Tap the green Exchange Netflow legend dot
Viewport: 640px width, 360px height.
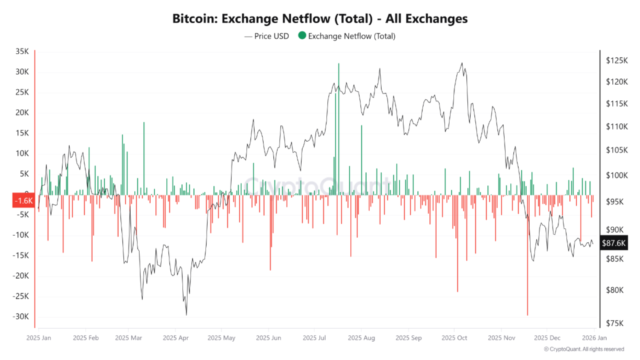pos(302,36)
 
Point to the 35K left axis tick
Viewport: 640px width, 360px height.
pos(22,52)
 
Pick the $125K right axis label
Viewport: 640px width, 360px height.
pos(616,61)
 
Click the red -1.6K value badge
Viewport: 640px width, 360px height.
pos(23,201)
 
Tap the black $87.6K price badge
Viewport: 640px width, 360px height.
pos(614,243)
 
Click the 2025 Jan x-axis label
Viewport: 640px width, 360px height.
pos(39,338)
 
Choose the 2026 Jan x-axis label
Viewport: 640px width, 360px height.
pos(594,338)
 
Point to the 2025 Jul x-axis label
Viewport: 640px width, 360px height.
pos(315,338)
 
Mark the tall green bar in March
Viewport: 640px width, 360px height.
pos(144,157)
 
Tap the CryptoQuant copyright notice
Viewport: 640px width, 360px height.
pos(584,349)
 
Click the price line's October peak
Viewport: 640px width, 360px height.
pos(461,63)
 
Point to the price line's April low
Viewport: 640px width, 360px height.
pos(186,315)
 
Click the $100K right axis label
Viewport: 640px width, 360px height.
pos(616,175)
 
